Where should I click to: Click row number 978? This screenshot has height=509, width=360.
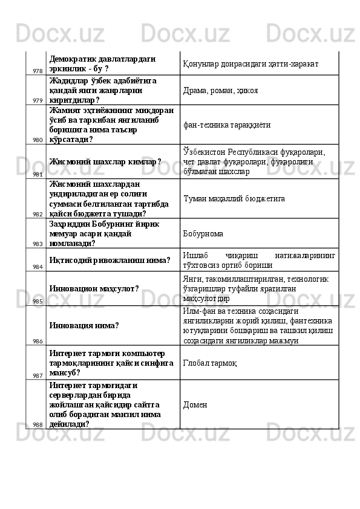(38, 71)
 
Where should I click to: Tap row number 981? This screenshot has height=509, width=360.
(38, 173)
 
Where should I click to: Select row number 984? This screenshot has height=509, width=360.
(38, 266)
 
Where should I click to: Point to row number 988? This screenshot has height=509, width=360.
(38, 424)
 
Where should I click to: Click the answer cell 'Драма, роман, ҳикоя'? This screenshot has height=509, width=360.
(220, 90)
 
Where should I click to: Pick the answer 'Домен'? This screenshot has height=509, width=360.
(195, 404)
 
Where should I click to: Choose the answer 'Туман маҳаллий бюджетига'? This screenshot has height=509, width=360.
(234, 198)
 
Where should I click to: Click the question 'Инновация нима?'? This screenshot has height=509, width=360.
(84, 325)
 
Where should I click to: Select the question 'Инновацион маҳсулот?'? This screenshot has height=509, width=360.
(94, 288)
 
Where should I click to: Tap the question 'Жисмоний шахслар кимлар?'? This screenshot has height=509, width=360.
(105, 161)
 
